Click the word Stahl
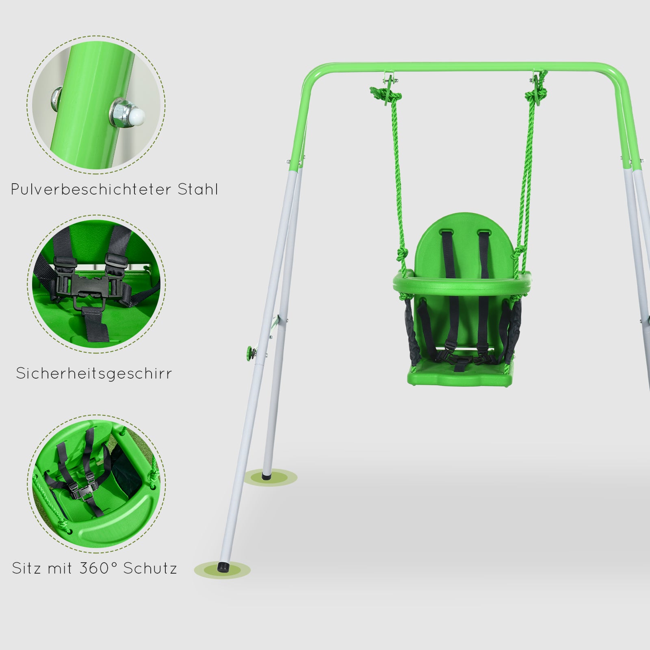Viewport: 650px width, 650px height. tap(198, 190)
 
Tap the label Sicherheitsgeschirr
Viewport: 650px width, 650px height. tap(94, 373)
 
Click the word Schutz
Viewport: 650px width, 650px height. tap(150, 568)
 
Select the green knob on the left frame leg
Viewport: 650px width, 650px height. tap(248, 351)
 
